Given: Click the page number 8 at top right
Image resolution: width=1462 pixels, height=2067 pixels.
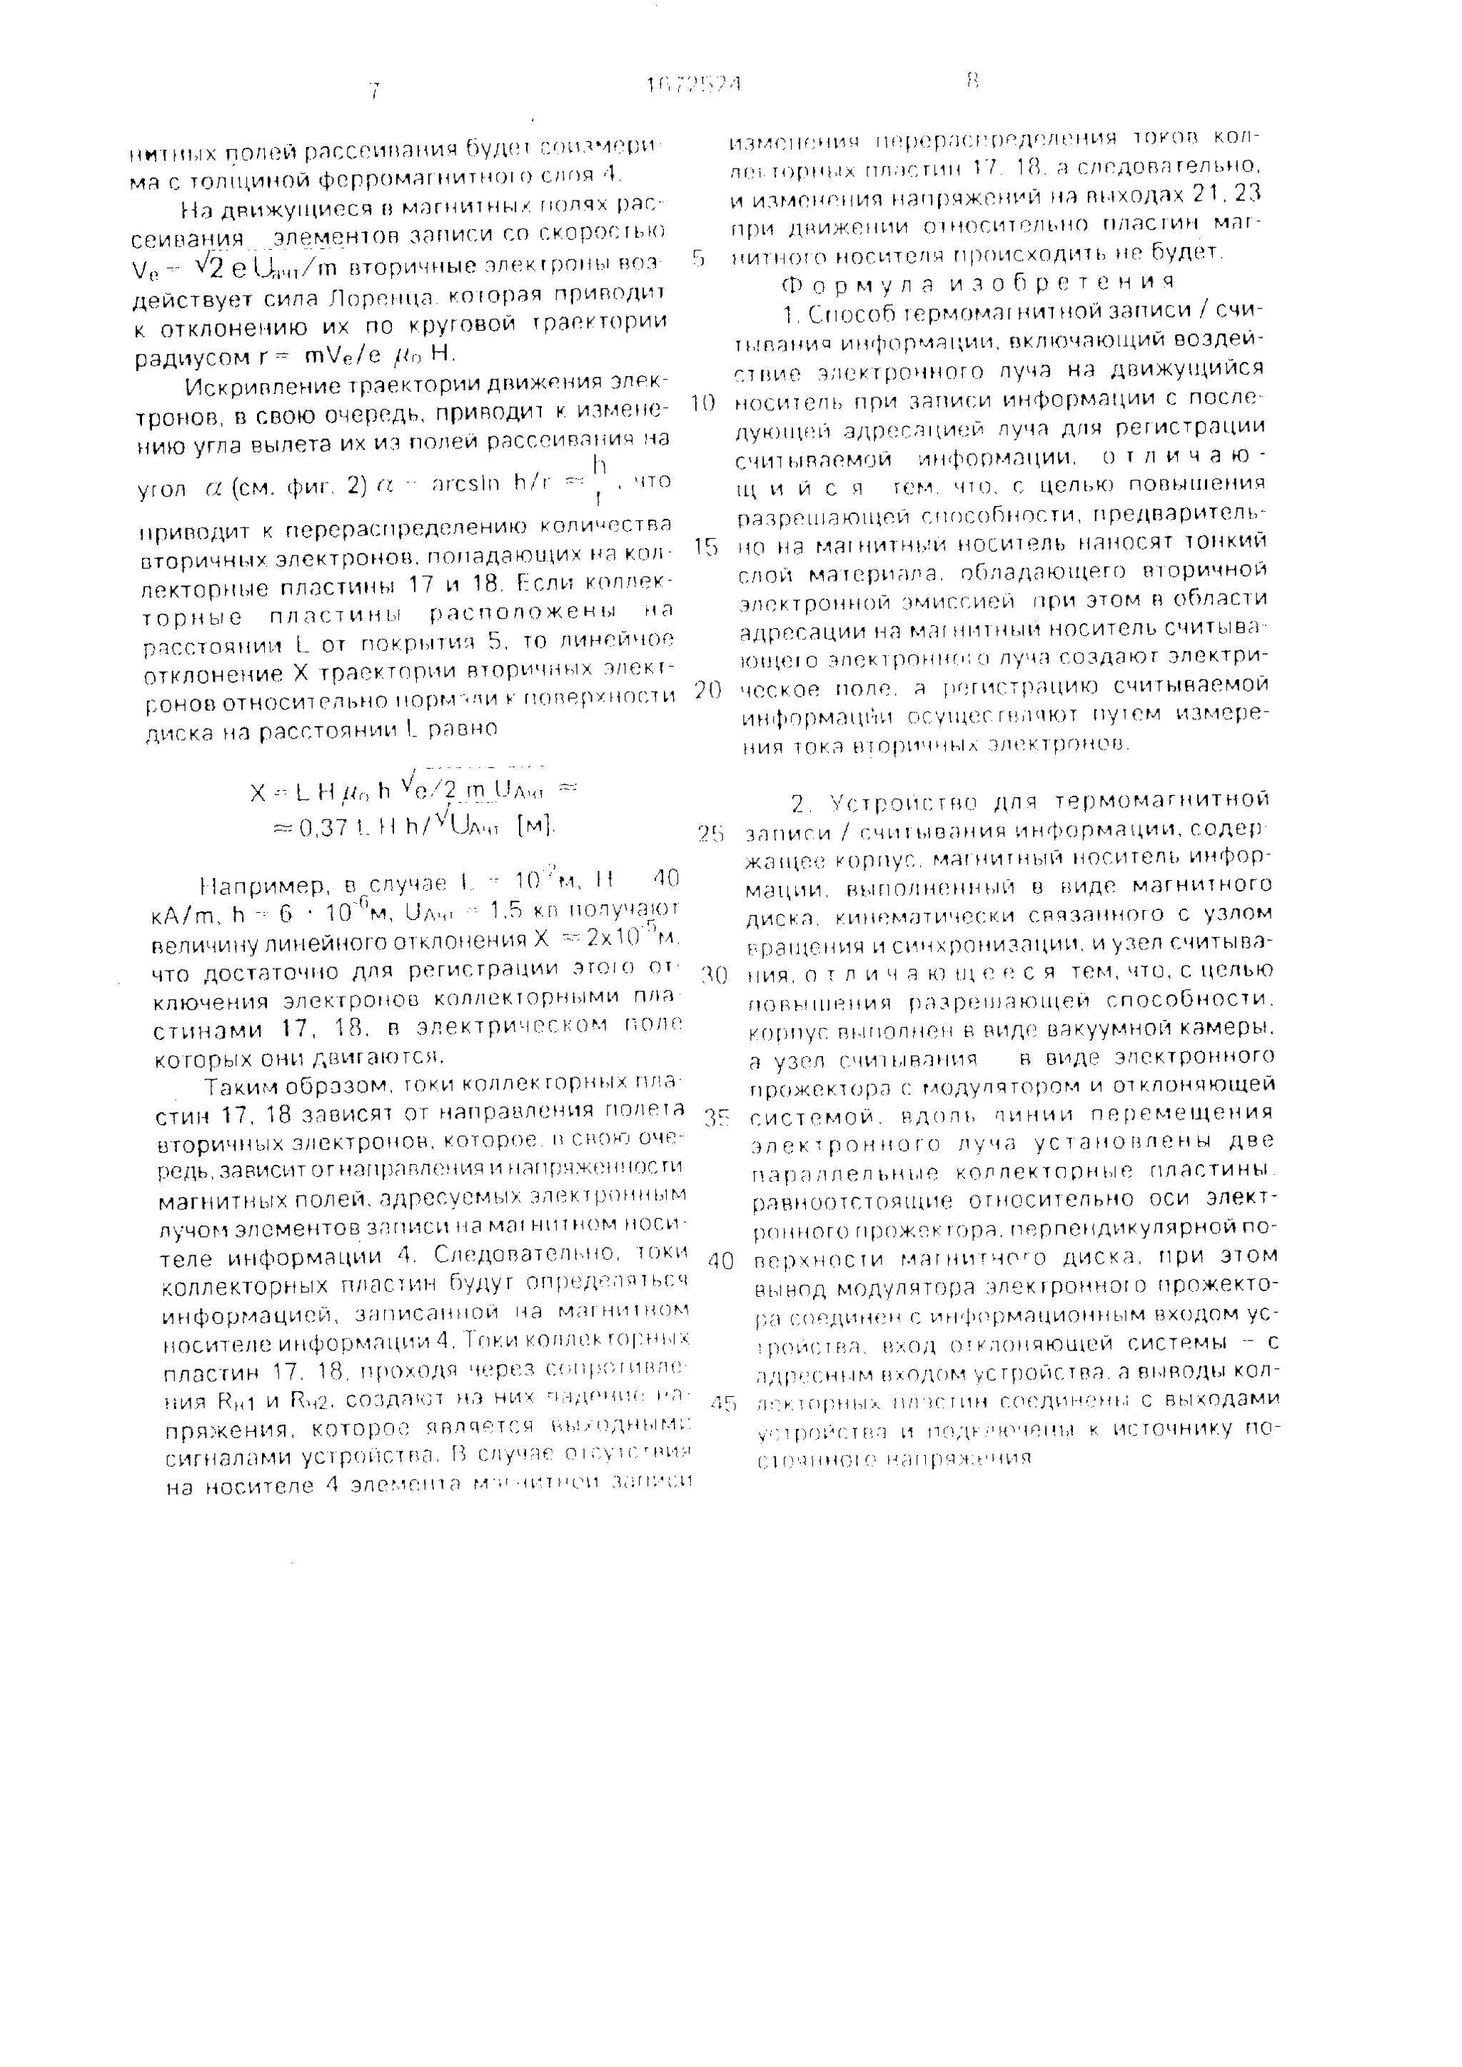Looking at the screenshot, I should click(972, 82).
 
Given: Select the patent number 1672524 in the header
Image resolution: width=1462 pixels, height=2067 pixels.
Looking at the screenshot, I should click(694, 86).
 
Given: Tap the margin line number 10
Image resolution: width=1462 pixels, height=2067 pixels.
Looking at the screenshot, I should click(702, 403).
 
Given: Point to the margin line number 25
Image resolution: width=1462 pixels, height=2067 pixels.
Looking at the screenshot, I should click(710, 834).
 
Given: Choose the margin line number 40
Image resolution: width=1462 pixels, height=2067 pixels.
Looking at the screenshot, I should click(721, 1261).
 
